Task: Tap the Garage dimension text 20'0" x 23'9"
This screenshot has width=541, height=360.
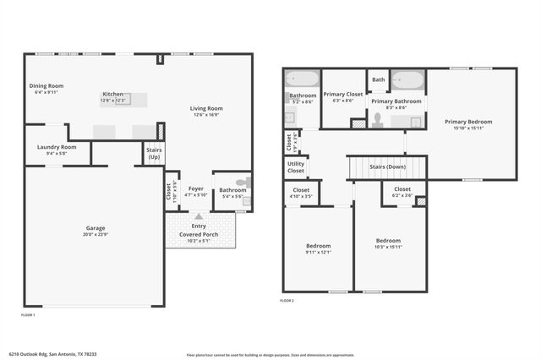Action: click(96, 234)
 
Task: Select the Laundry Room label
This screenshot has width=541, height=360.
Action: click(57, 147)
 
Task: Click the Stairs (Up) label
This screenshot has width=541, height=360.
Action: click(154, 154)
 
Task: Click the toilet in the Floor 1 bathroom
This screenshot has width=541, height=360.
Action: click(243, 182)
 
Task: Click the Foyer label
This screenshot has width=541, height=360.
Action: click(196, 188)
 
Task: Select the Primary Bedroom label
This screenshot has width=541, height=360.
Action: click(468, 122)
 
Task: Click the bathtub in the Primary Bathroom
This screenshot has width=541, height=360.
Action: click(409, 82)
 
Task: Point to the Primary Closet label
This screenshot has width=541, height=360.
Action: click(342, 95)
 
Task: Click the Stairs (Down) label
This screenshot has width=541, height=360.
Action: click(387, 167)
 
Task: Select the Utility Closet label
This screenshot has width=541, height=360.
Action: click(296, 167)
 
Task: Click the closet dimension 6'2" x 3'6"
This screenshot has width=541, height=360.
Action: click(402, 196)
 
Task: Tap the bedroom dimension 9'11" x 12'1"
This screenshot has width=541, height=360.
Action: click(318, 252)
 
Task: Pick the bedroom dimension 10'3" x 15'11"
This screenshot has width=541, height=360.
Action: click(388, 246)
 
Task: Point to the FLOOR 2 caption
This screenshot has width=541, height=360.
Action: click(287, 300)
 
